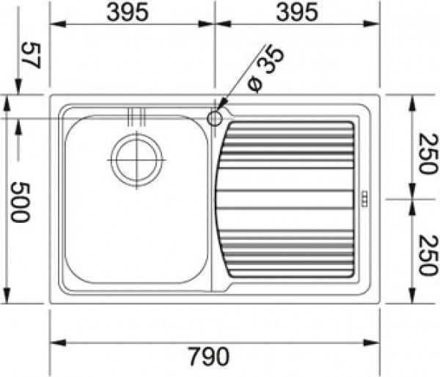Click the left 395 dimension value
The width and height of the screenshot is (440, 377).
128,12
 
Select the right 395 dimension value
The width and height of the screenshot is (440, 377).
297,12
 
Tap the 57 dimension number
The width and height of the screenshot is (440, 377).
32,55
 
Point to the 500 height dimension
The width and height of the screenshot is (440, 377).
20,202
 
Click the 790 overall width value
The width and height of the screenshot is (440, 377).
208,356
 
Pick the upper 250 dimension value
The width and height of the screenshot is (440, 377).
428,154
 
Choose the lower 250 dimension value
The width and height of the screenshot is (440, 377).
428,255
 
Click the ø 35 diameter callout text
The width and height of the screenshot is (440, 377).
265,70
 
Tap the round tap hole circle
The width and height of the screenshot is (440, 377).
215,119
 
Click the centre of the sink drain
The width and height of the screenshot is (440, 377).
136,160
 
